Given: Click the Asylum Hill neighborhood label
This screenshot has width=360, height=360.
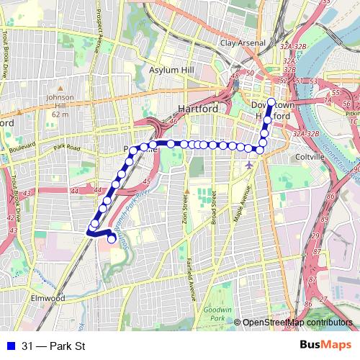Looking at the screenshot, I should pos(167,71).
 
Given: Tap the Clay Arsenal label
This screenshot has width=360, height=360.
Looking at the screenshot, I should pos(243,43).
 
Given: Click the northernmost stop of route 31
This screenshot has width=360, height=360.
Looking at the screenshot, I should pos(271,102).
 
